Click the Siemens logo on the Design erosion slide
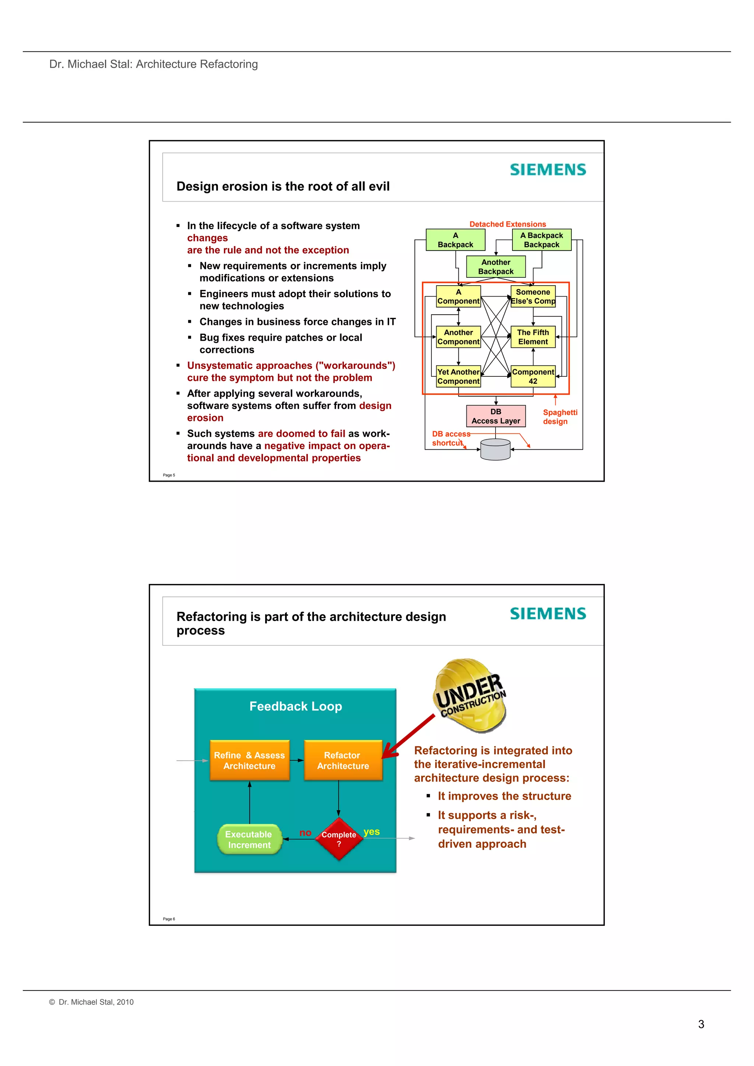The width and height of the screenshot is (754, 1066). click(x=548, y=170)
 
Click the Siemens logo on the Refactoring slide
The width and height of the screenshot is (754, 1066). click(x=548, y=614)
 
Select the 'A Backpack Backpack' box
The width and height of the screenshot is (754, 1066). click(x=541, y=240)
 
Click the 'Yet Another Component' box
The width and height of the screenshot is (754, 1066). click(x=458, y=376)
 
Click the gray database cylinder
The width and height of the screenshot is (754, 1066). click(x=495, y=449)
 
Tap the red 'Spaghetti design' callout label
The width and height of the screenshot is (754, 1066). click(x=560, y=417)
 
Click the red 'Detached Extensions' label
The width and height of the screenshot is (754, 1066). click(x=507, y=224)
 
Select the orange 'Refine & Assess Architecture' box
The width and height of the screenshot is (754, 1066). click(x=250, y=761)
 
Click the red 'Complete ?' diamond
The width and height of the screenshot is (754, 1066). click(x=339, y=839)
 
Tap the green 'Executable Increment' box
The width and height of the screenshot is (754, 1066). click(x=250, y=839)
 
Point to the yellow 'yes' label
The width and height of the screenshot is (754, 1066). click(x=371, y=832)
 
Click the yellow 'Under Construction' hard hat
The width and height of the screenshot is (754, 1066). click(x=470, y=695)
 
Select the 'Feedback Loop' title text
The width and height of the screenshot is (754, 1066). click(x=296, y=706)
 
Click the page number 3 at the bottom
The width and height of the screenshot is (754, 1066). click(x=701, y=1024)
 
